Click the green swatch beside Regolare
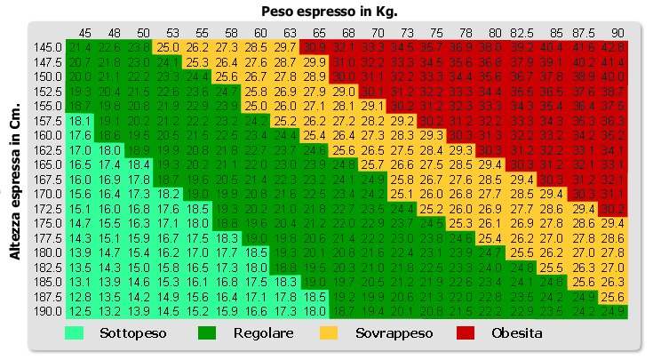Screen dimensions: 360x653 click(207, 333)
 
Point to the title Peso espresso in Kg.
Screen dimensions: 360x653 click(329, 12)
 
